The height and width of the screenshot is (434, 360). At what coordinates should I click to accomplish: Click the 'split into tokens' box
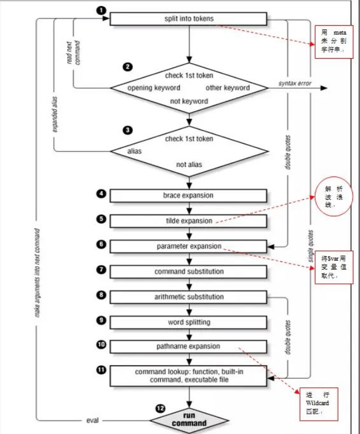click(x=189, y=18)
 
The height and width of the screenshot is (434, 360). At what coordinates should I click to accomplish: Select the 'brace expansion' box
click(x=189, y=195)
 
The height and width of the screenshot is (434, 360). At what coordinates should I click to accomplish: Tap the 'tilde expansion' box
click(x=189, y=221)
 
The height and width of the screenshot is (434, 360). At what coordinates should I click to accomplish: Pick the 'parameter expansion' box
click(x=189, y=246)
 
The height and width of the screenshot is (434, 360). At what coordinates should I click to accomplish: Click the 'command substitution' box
click(x=189, y=271)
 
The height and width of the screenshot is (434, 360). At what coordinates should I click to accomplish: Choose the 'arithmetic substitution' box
click(x=189, y=297)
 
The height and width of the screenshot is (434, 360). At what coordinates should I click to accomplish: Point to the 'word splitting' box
click(x=189, y=322)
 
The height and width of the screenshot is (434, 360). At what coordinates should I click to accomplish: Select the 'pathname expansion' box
click(x=189, y=346)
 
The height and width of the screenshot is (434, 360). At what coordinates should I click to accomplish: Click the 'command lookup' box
click(x=189, y=375)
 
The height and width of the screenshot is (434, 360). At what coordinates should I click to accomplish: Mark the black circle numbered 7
click(x=101, y=270)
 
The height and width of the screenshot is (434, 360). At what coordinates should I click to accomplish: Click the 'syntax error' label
click(x=295, y=84)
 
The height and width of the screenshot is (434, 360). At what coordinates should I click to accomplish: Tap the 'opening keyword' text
click(x=154, y=88)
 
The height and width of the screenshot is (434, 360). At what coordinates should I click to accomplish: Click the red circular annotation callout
click(x=329, y=197)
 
